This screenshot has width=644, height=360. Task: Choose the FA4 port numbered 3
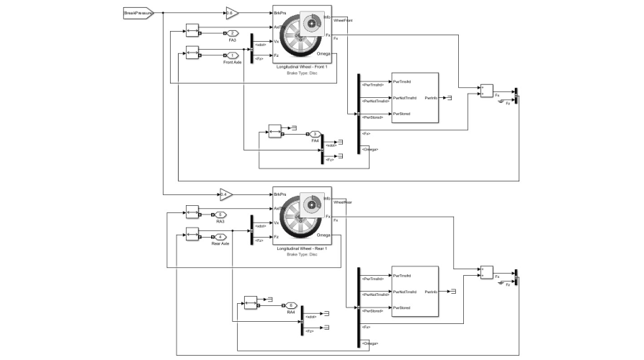[315, 134]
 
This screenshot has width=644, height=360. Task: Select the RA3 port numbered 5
[220, 215]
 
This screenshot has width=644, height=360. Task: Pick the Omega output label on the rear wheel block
[323, 236]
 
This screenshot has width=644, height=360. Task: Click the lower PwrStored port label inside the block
[401, 308]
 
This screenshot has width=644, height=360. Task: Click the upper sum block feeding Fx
[486, 91]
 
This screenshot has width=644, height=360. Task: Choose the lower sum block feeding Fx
[486, 273]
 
